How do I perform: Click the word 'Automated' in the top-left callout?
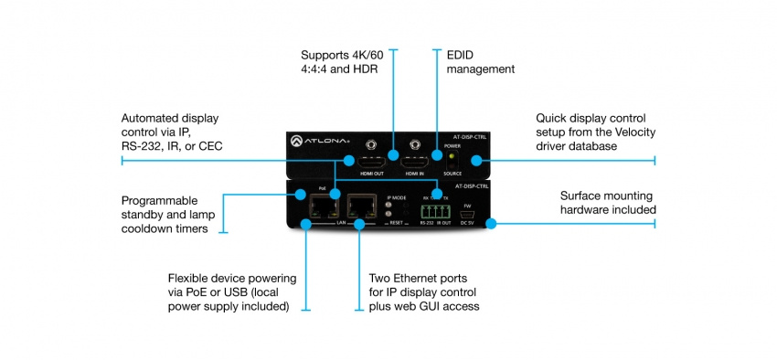pyautogui.click(x=154, y=118)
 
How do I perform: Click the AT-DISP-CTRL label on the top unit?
pyautogui.click(x=469, y=137)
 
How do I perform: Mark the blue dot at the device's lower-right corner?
pyautogui.click(x=490, y=222)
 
